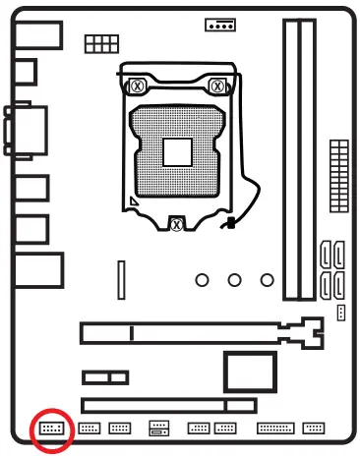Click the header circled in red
[51, 429]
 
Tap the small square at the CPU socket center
[177, 152]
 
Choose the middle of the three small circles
[234, 280]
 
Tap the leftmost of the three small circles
[202, 280]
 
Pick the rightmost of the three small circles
[267, 280]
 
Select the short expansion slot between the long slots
[105, 377]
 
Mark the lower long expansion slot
[168, 404]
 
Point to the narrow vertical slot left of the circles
[122, 280]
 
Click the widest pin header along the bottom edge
[274, 429]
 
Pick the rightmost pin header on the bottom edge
[314, 429]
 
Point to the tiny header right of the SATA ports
[340, 313]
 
